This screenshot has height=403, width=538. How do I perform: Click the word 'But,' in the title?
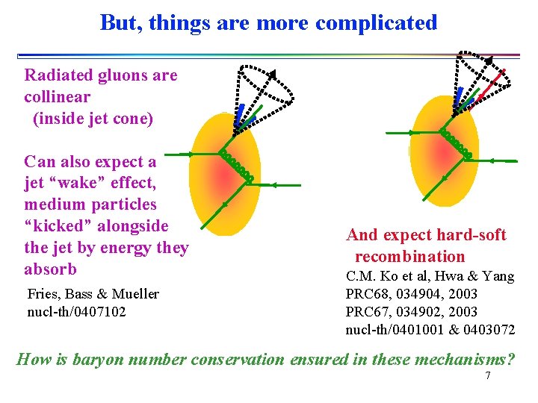click(x=121, y=22)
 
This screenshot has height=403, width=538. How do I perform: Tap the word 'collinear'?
click(x=57, y=97)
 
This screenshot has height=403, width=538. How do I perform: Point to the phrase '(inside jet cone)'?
click(x=93, y=119)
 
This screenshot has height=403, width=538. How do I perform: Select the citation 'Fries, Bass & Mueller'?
click(x=93, y=293)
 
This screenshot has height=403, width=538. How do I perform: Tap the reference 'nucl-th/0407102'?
click(x=76, y=310)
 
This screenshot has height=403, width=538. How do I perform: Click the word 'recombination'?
click(x=409, y=257)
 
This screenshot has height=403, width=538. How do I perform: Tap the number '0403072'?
click(x=489, y=329)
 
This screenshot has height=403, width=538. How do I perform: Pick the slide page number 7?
click(x=487, y=375)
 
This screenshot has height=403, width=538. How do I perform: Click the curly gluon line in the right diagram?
click(x=456, y=143)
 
